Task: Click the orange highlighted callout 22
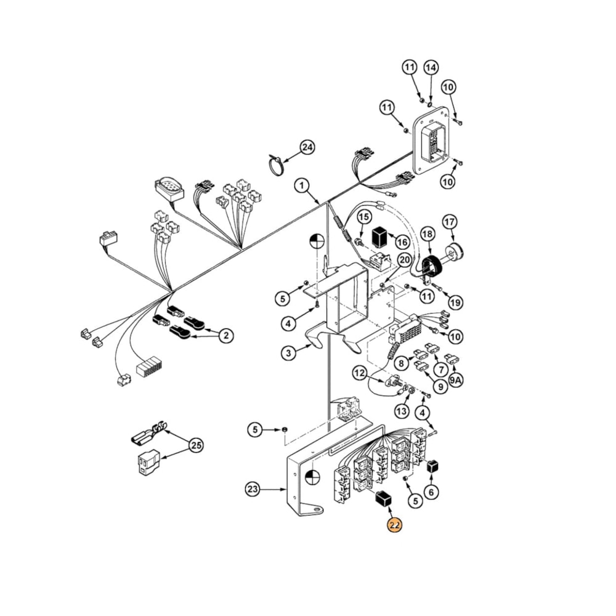394,525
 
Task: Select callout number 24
307,147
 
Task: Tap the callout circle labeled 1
301,185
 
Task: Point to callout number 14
431,67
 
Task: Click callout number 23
252,490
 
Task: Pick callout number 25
196,445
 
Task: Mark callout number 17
450,221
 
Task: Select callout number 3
288,353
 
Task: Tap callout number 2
226,335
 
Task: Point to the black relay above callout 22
384,499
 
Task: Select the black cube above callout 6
432,466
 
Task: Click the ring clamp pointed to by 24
277,164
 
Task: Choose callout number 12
360,373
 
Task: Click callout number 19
455,302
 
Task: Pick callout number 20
403,260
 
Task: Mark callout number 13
402,411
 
